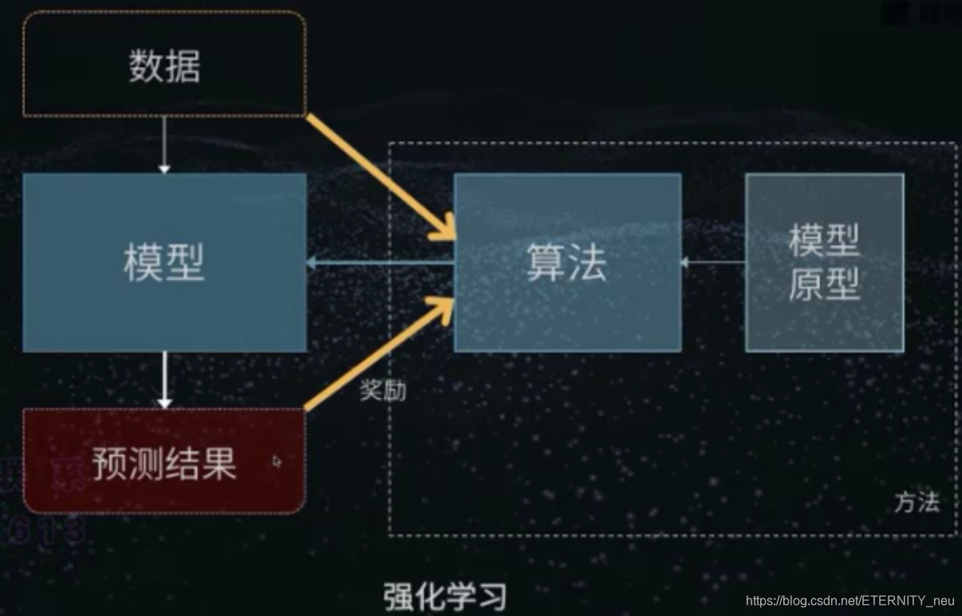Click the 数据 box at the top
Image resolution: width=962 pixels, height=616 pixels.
pos(164,65)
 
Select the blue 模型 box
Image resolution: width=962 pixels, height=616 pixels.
pos(164,263)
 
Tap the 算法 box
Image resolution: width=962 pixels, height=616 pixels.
pos(567,263)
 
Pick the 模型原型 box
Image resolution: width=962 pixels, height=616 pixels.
pos(824,263)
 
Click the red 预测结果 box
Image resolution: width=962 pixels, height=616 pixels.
pos(164,461)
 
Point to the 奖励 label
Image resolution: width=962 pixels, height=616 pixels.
pos(383,391)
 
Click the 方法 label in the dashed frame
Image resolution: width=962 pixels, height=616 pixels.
pos(917,503)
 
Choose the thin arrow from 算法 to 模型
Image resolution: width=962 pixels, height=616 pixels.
pos(380,263)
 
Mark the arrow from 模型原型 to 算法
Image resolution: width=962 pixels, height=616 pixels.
pos(712,262)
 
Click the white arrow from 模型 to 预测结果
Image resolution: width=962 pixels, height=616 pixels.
pos(164,380)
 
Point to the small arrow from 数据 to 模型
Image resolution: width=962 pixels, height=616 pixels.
pos(164,144)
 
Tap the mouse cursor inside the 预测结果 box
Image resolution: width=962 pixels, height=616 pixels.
pos(277,460)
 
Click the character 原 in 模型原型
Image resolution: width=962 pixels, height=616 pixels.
pos(805,283)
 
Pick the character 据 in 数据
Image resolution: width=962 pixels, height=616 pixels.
pos(183,65)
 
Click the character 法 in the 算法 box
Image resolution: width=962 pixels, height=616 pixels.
pos(588,263)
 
